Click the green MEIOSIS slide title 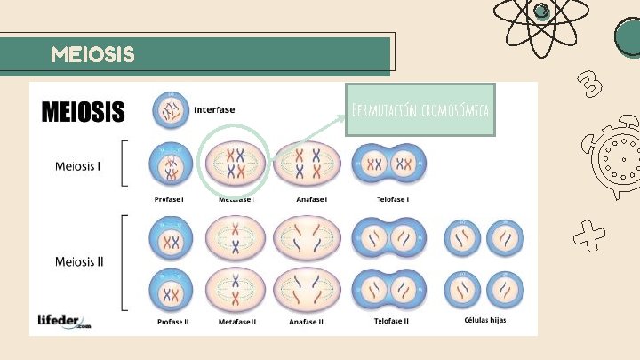(93, 55)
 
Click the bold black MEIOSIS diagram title (84, 113)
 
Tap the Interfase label (214, 110)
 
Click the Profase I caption (169, 199)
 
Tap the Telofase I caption (391, 199)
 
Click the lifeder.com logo (64, 321)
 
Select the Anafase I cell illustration (308, 164)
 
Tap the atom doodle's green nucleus (540, 11)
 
